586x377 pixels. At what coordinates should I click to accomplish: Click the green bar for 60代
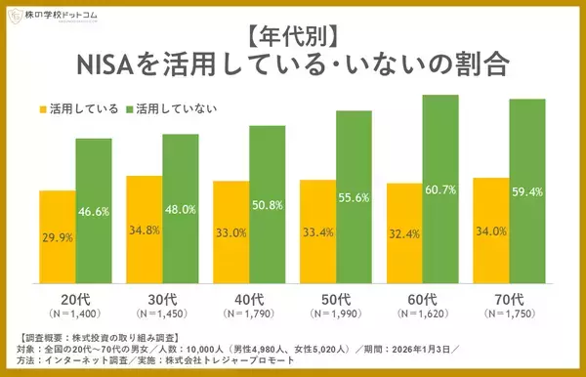(x=440, y=186)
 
